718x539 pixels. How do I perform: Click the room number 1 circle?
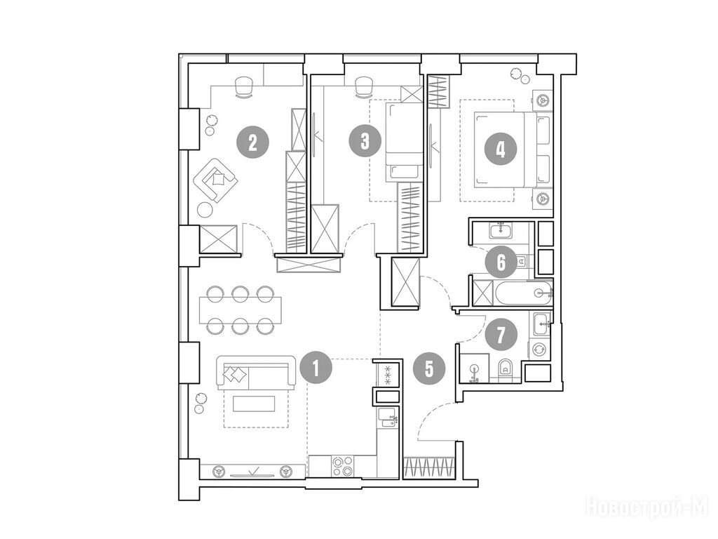point(316,368)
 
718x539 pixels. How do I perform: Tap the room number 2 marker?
point(252,143)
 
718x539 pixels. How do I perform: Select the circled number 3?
point(365,141)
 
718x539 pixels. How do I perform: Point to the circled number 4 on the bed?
point(501,149)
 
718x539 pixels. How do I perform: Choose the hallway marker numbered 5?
point(429,368)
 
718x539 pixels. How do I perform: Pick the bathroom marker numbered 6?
point(501,262)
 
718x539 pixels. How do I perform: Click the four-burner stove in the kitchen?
point(342,467)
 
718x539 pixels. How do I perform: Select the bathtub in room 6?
point(523,293)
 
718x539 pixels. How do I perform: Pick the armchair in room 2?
point(215,180)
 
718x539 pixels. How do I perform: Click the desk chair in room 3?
point(364,86)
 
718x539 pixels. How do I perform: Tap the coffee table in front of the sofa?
point(254,404)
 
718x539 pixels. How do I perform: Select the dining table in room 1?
point(241,310)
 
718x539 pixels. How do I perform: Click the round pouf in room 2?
point(205,209)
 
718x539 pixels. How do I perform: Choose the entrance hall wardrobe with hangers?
point(429,468)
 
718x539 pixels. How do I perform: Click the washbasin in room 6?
point(503,229)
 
